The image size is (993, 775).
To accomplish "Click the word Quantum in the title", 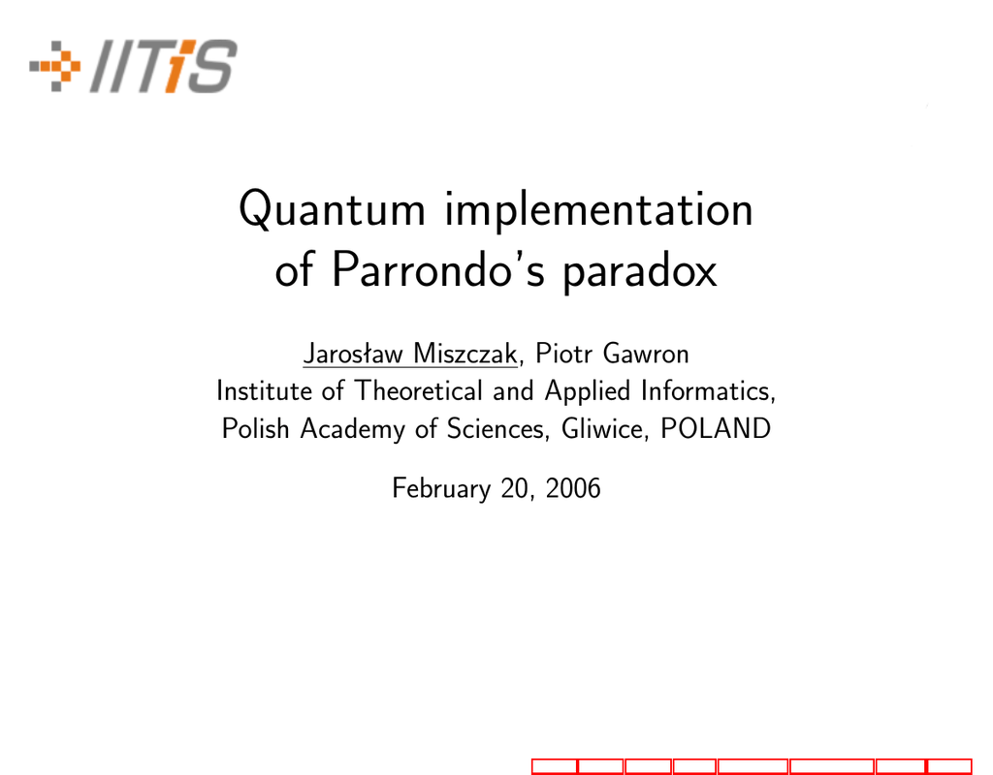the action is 332,208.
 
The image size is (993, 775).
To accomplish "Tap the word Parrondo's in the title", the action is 438,269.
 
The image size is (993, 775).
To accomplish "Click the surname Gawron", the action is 646,353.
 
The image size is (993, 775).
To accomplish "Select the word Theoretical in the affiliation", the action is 419,390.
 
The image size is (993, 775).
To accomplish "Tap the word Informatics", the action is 708,391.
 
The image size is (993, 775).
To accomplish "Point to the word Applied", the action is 588,392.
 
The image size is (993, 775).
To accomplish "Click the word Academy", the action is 352,429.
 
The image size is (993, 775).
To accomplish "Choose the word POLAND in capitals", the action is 716,428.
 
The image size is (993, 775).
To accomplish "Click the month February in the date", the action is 441,489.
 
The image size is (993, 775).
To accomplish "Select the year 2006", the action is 572,488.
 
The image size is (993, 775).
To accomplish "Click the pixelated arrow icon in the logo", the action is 55,66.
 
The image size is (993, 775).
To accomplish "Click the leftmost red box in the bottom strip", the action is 555,766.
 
